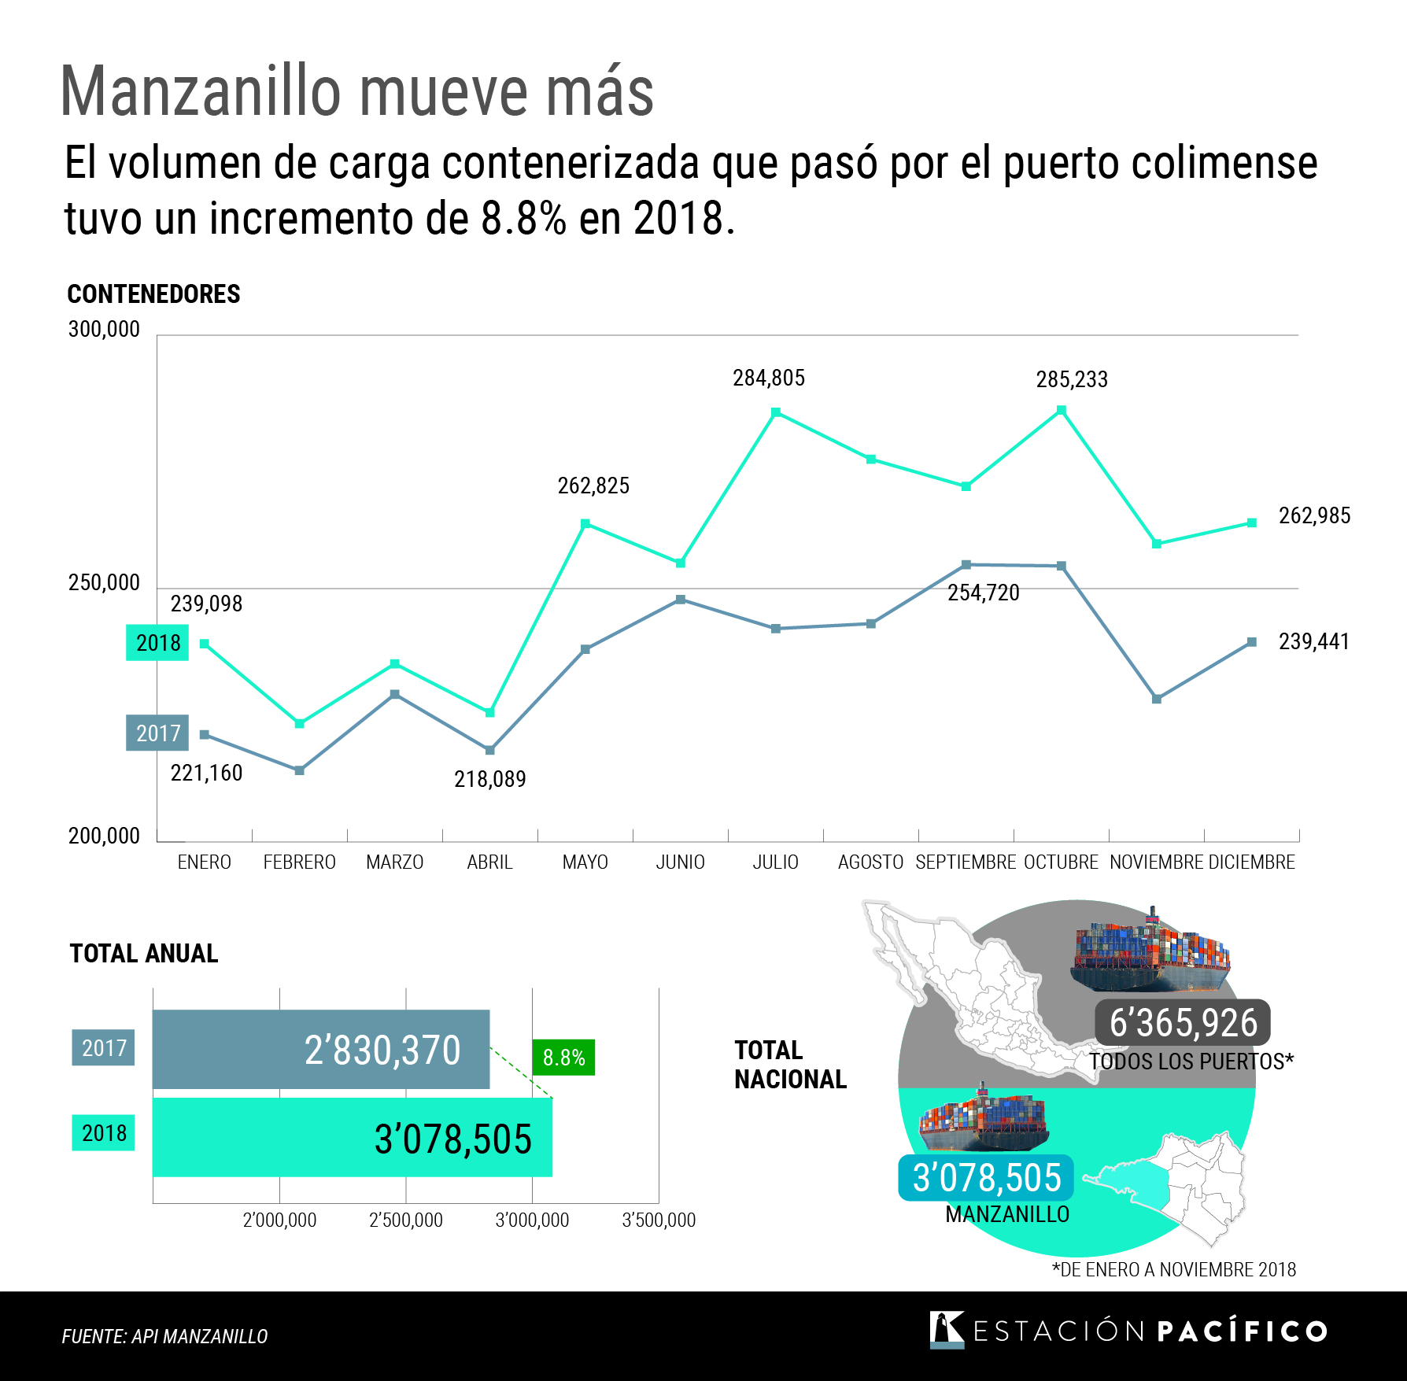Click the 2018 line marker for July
tap(776, 412)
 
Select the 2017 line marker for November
tap(1157, 699)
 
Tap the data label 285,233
tap(1072, 380)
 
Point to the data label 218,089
tap(489, 779)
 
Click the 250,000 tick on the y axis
tap(104, 583)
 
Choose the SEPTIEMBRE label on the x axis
tap(966, 862)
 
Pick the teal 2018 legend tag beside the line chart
tap(157, 643)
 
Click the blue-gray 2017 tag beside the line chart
tap(157, 733)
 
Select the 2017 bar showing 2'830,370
tap(321, 1050)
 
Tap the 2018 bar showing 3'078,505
tap(353, 1138)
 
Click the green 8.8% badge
tap(563, 1058)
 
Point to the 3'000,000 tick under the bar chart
tap(532, 1220)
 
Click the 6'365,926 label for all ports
tap(1183, 1023)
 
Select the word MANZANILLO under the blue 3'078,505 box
tap(1007, 1215)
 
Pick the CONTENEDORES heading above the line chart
tap(153, 294)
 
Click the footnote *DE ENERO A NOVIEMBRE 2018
tap(1174, 1270)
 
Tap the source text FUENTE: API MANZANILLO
tap(164, 1336)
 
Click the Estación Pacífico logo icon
tap(947, 1330)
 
